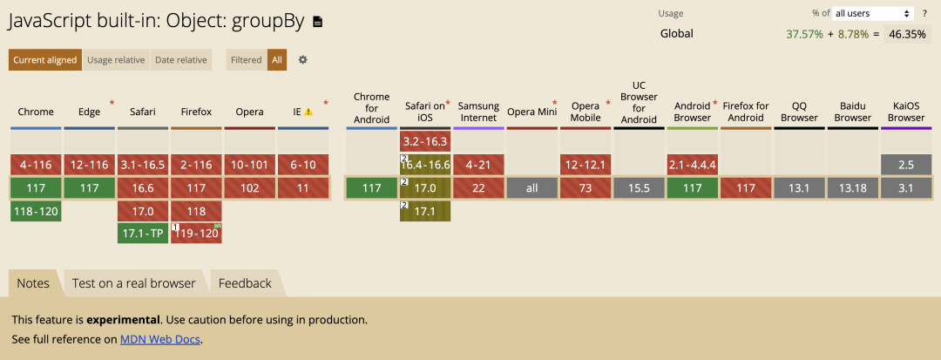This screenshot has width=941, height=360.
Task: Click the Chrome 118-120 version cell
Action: tap(36, 211)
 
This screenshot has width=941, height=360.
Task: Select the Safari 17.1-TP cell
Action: tap(143, 234)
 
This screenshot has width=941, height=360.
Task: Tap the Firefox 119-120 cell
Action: tap(196, 234)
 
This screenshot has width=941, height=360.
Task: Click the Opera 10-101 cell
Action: tap(250, 165)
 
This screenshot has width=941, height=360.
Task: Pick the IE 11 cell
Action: tap(303, 187)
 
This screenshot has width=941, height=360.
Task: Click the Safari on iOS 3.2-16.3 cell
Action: tap(425, 141)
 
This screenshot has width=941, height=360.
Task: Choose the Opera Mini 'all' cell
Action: tap(532, 187)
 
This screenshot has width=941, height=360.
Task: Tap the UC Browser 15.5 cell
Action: tap(640, 187)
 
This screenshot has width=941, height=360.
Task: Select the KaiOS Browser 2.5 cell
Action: tap(906, 165)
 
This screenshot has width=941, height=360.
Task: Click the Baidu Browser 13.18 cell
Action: tap(853, 187)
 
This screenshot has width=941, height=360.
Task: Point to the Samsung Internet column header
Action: tap(479, 112)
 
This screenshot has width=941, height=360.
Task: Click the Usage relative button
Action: tap(116, 60)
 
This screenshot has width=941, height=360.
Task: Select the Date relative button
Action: tap(180, 60)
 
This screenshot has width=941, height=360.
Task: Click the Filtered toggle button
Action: tap(247, 60)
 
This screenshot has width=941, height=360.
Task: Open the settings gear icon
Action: tap(303, 60)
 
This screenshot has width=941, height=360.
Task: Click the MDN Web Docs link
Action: tap(160, 339)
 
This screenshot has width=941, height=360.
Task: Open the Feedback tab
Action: tap(245, 283)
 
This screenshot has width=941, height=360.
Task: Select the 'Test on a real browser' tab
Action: tap(134, 283)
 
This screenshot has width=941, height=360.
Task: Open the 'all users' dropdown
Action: tap(873, 13)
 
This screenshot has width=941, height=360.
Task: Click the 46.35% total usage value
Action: tap(907, 34)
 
